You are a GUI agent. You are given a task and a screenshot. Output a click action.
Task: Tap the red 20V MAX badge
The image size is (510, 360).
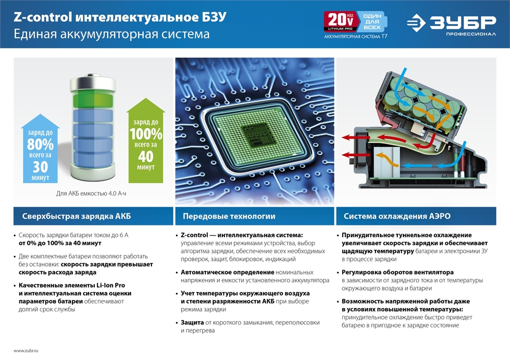coord(339,22)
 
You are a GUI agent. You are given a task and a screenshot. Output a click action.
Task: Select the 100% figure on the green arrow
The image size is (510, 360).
coord(146,134)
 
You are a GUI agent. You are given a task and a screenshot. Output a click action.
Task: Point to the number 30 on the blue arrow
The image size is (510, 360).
coord(40,167)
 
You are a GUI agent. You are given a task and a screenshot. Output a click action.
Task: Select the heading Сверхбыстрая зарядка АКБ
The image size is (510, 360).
coord(76,216)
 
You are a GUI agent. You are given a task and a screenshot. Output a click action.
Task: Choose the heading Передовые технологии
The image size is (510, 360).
coord(229,216)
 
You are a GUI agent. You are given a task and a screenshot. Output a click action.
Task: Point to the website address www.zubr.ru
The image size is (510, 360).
coord(26,351)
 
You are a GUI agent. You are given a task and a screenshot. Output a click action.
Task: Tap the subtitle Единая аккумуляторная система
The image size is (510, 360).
coord(112,34)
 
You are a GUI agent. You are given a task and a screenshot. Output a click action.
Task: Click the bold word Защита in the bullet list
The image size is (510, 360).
coord(192,323)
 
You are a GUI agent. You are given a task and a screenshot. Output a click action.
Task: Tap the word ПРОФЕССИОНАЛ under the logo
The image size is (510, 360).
coord(471,34)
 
